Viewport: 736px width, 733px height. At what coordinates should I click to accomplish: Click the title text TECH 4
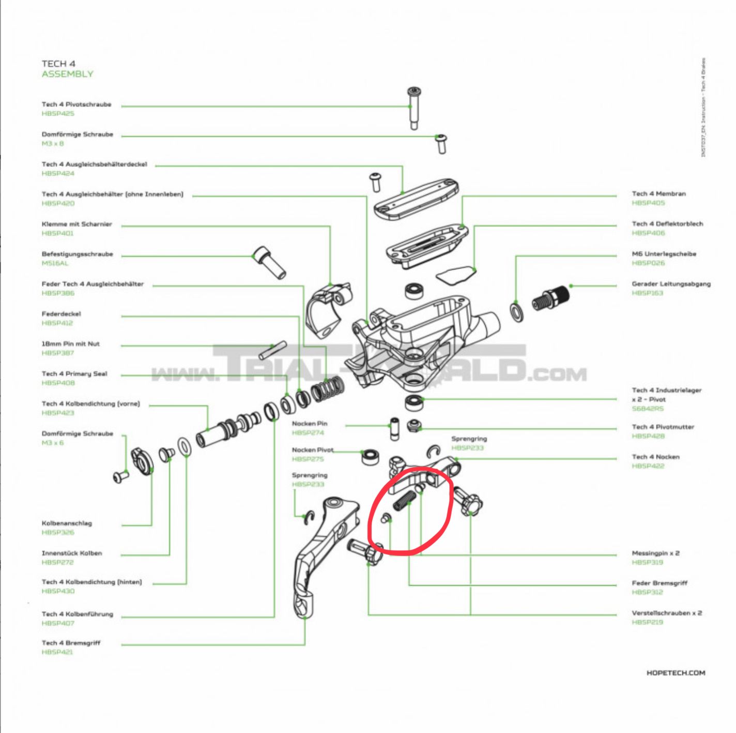tap(58, 64)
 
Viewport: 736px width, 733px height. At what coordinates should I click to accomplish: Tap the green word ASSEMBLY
tap(68, 74)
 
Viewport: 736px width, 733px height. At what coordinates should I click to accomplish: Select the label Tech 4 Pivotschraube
tap(76, 104)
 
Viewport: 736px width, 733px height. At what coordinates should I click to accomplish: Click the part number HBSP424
tap(58, 174)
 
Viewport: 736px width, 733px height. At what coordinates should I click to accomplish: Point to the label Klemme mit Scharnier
tap(76, 225)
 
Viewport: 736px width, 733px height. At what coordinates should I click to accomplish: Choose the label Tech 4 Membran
tap(658, 194)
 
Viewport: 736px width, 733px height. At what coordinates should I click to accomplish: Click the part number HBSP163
tap(647, 293)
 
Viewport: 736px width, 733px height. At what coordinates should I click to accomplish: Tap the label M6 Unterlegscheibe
tap(664, 254)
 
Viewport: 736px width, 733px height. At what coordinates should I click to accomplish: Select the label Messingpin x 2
tap(655, 554)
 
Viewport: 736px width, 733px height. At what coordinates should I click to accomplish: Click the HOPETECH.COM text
tap(676, 673)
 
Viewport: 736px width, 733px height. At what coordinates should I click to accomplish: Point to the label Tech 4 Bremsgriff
tap(71, 643)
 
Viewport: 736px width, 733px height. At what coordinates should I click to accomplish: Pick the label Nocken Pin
tap(309, 424)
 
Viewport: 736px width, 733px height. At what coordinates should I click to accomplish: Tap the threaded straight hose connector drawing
tap(551, 298)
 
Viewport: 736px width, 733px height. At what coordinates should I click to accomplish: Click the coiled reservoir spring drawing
tap(328, 391)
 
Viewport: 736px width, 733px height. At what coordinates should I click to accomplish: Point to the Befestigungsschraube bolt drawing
tap(270, 262)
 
